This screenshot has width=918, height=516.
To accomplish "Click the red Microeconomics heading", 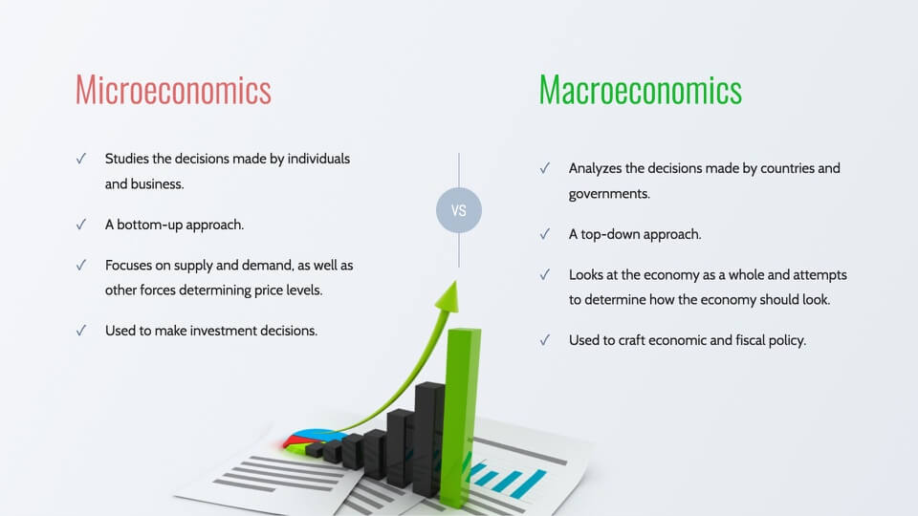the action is point(173,90).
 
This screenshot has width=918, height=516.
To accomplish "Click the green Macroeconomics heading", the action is point(641,90).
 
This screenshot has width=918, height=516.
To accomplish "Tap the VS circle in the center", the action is point(459,210).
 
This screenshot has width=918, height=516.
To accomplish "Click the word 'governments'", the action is point(609,194).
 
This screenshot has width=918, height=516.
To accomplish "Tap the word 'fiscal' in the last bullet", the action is point(751,340).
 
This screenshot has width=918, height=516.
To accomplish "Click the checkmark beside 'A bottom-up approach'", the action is point(80,225).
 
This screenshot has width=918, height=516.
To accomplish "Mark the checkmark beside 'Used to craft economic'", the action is point(544,340).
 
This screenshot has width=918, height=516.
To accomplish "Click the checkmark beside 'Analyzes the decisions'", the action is point(544,168).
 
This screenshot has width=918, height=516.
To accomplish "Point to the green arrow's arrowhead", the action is point(448,295).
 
